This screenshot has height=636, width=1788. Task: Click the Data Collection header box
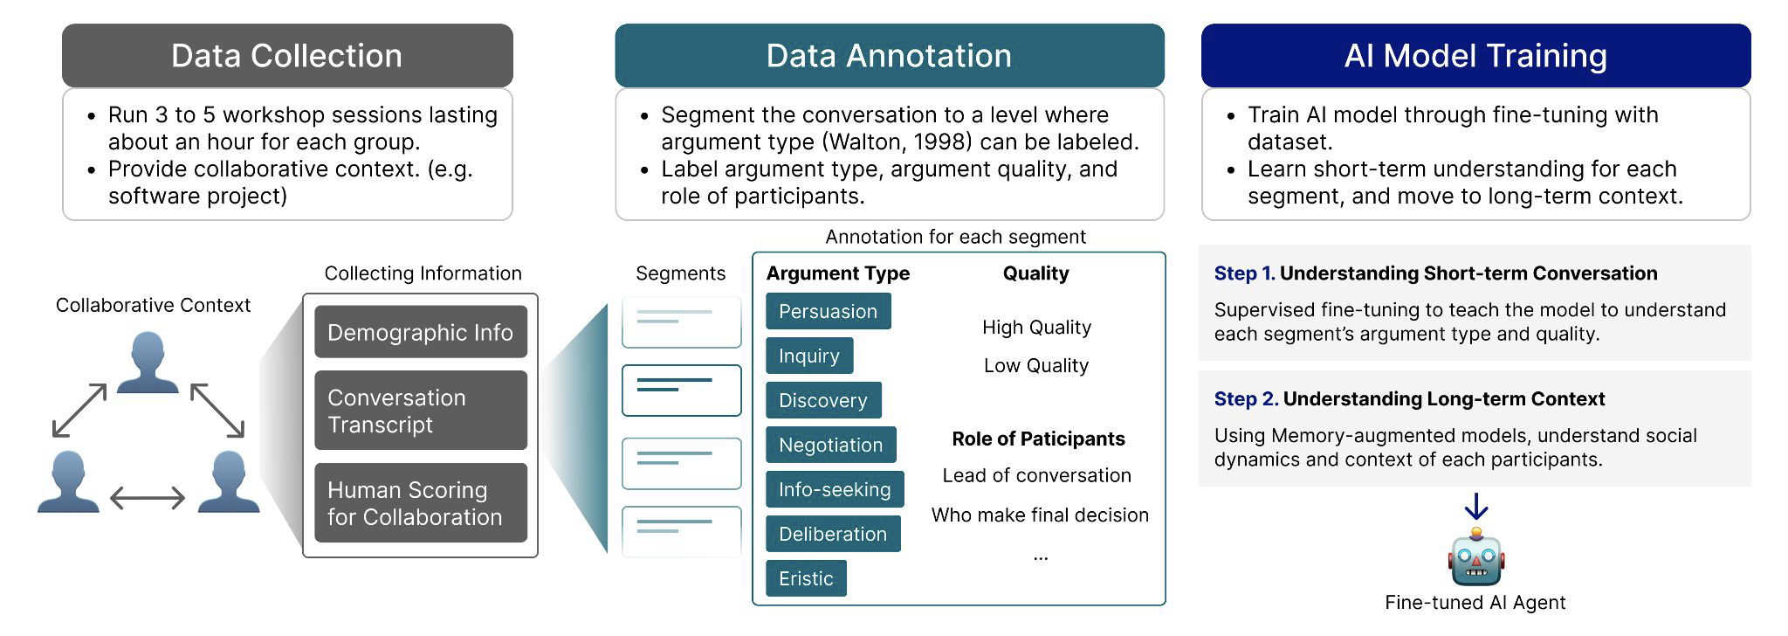pyautogui.click(x=287, y=55)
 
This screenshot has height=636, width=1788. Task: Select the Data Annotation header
pyautogui.click(x=890, y=55)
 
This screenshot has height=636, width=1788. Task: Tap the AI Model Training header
pyautogui.click(x=1475, y=55)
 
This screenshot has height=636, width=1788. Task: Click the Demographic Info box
pyautogui.click(x=421, y=332)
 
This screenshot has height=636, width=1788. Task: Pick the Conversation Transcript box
pyautogui.click(x=421, y=411)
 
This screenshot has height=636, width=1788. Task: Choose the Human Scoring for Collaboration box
pyautogui.click(x=421, y=503)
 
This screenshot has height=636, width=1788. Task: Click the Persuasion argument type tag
pyautogui.click(x=829, y=311)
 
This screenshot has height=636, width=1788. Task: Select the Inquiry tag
pyautogui.click(x=809, y=356)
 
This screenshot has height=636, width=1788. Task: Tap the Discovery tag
pyautogui.click(x=823, y=400)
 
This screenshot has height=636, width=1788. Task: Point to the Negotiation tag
pyautogui.click(x=831, y=445)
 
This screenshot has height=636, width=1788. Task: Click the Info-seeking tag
pyautogui.click(x=835, y=489)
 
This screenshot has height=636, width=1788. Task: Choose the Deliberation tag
pyautogui.click(x=833, y=534)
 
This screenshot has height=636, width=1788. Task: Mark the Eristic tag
pyautogui.click(x=806, y=578)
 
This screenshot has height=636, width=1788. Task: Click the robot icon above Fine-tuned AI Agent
pyautogui.click(x=1475, y=556)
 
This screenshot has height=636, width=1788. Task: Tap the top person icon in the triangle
pyautogui.click(x=148, y=362)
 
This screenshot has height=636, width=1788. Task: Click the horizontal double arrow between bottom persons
pyautogui.click(x=148, y=498)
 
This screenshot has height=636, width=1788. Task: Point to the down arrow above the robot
pyautogui.click(x=1475, y=507)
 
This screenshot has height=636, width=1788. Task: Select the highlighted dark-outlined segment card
pyautogui.click(x=682, y=391)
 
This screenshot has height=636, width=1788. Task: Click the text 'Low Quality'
pyautogui.click(x=1036, y=365)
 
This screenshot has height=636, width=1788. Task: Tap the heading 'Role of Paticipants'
pyautogui.click(x=1038, y=439)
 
